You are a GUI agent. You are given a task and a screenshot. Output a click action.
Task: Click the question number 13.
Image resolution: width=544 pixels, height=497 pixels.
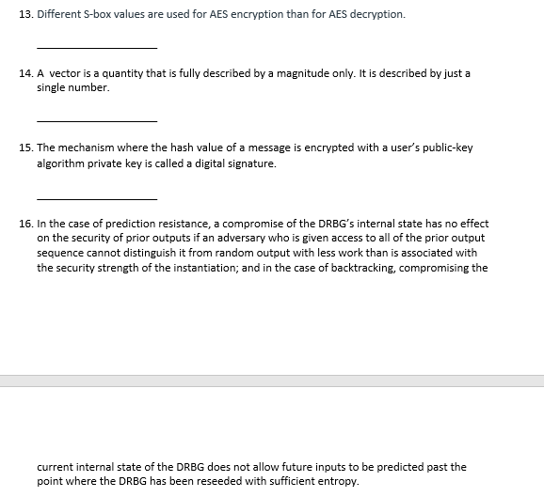(24, 16)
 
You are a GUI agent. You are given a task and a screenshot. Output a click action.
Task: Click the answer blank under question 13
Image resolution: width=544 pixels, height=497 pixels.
(97, 47)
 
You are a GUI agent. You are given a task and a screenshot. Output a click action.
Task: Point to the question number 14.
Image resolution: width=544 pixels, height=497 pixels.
(24, 73)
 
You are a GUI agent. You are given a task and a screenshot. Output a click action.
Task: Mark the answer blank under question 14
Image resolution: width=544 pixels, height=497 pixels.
(97, 119)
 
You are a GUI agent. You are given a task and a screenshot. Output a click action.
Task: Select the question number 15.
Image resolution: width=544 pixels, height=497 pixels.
(24, 148)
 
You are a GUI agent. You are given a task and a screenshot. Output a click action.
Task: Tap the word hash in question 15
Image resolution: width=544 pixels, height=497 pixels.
(151, 148)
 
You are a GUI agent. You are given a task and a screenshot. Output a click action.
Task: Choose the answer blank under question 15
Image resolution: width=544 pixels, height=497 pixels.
(97, 197)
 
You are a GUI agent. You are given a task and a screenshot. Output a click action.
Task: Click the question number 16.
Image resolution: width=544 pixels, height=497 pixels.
(24, 225)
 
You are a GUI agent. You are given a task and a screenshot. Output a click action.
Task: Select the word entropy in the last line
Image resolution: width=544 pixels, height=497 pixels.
(336, 481)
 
